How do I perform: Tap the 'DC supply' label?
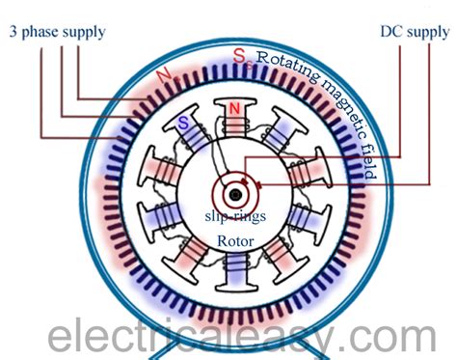[414, 32]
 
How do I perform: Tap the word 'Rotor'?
[230, 231]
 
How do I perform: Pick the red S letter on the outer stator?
[238, 55]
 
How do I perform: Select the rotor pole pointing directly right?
[318, 186]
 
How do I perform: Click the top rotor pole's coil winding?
[231, 120]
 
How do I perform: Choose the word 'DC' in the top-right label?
[392, 32]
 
